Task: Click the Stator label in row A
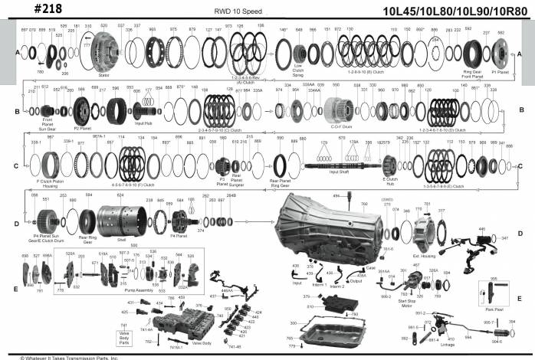[103, 76]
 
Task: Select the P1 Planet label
[500, 73]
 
